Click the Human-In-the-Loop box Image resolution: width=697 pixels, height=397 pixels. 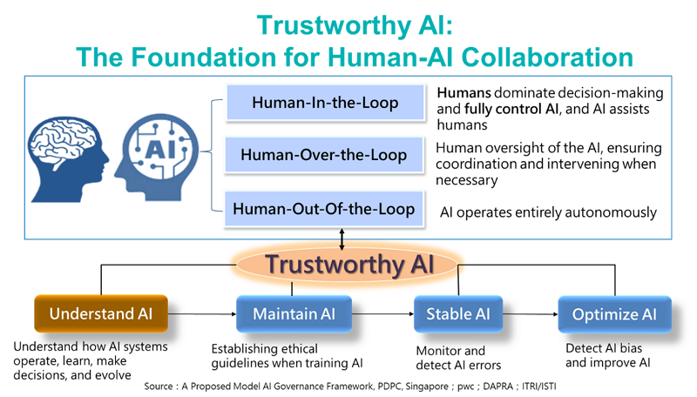point(325,103)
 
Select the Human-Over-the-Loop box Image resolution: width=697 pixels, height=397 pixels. point(324,156)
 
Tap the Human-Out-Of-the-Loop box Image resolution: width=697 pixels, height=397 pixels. point(324,209)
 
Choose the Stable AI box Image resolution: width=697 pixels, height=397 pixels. point(457,313)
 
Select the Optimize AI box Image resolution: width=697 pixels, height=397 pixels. point(615,313)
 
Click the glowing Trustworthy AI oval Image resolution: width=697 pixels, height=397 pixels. point(348,263)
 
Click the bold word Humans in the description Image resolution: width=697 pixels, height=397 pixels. point(466,92)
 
